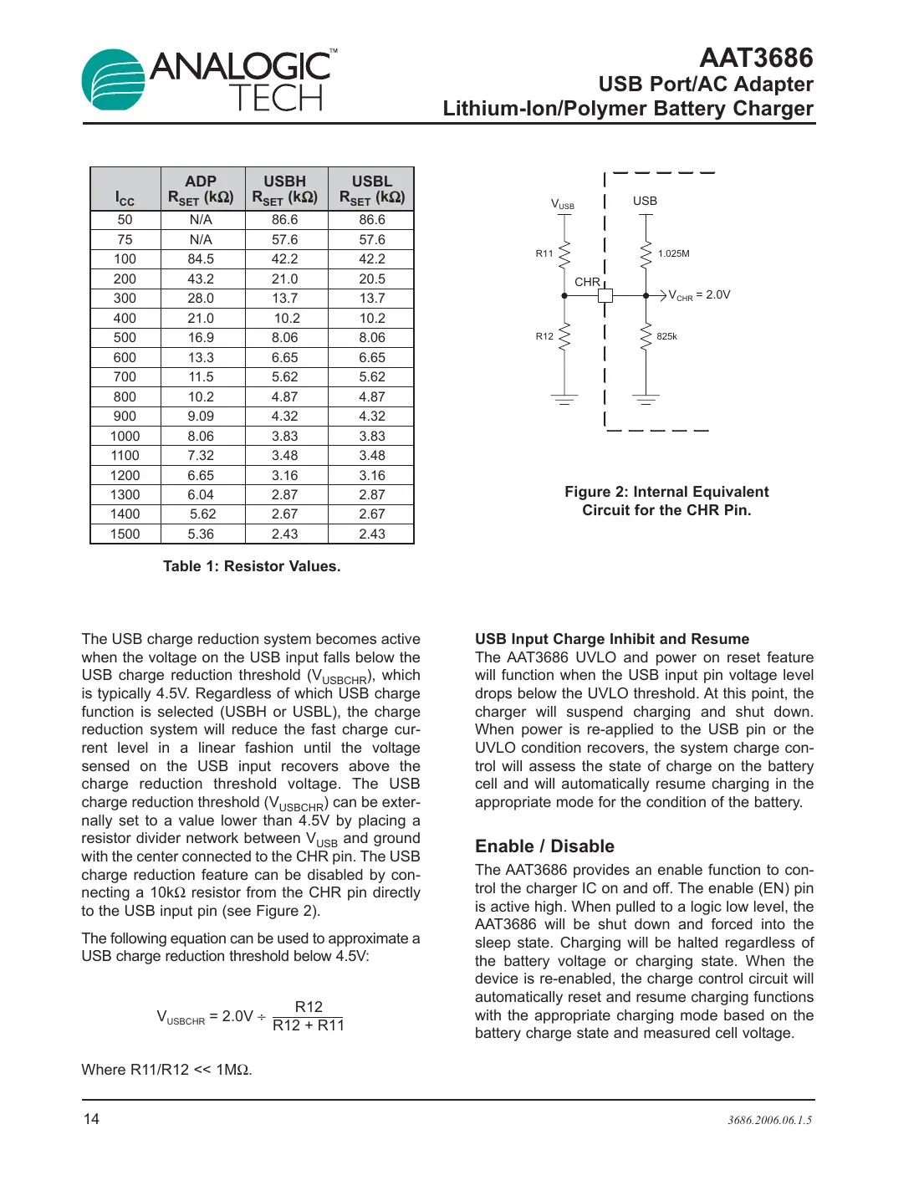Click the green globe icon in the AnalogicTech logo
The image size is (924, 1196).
(x=114, y=80)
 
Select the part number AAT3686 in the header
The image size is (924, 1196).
(x=755, y=58)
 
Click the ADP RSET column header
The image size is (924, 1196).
(x=201, y=189)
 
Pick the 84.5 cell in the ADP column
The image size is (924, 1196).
(x=201, y=259)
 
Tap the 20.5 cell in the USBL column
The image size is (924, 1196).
(x=372, y=279)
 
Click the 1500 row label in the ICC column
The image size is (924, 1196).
(x=125, y=534)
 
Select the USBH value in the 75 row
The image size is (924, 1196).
(x=284, y=240)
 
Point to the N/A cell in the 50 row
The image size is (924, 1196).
(x=201, y=220)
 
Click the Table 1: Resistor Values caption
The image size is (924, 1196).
(x=252, y=566)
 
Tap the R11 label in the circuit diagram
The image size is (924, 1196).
(x=544, y=253)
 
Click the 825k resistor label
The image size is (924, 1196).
(x=666, y=336)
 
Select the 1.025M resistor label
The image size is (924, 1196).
(x=673, y=253)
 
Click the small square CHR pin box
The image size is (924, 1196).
(x=605, y=295)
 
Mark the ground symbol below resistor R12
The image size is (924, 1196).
(x=564, y=400)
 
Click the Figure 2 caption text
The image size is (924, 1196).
(x=666, y=501)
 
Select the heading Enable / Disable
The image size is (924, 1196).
(x=544, y=846)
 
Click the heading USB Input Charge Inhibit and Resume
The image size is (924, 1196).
(x=612, y=639)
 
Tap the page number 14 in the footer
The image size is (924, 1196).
(x=91, y=1119)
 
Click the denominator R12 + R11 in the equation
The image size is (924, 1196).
(x=309, y=1026)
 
